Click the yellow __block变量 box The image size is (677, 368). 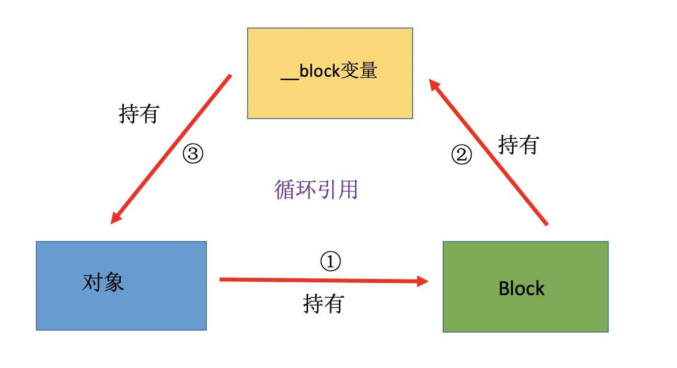pyautogui.click(x=330, y=98)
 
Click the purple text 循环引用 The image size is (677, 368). pyautogui.click(x=316, y=189)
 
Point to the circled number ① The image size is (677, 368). pyautogui.click(x=330, y=262)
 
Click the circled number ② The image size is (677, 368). pyautogui.click(x=461, y=155)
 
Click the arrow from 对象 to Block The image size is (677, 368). pyautogui.click(x=319, y=280)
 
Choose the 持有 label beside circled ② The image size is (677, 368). pyautogui.click(x=518, y=145)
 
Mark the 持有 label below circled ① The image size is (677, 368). pyautogui.click(x=323, y=304)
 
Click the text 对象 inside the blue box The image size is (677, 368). pyautogui.click(x=103, y=283)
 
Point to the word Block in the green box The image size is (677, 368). pyautogui.click(x=521, y=288)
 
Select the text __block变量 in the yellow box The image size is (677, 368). pyautogui.click(x=329, y=72)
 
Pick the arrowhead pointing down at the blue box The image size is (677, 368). pyautogui.click(x=116, y=218)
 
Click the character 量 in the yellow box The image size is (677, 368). pyautogui.click(x=368, y=71)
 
